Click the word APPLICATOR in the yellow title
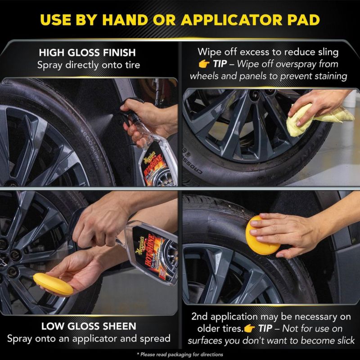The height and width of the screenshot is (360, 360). click(232, 20)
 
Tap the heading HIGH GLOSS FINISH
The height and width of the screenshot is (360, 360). click(87, 53)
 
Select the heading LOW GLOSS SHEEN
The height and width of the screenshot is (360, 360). click(89, 326)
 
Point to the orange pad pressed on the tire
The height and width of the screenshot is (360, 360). click(262, 235)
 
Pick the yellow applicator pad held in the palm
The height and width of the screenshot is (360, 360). click(53, 284)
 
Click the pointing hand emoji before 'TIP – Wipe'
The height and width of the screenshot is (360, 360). click(204, 64)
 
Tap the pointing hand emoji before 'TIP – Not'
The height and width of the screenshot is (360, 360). click(249, 328)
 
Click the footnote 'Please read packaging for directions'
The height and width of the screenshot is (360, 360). click(180, 355)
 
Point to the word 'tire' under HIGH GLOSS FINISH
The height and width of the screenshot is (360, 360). click(132, 65)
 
